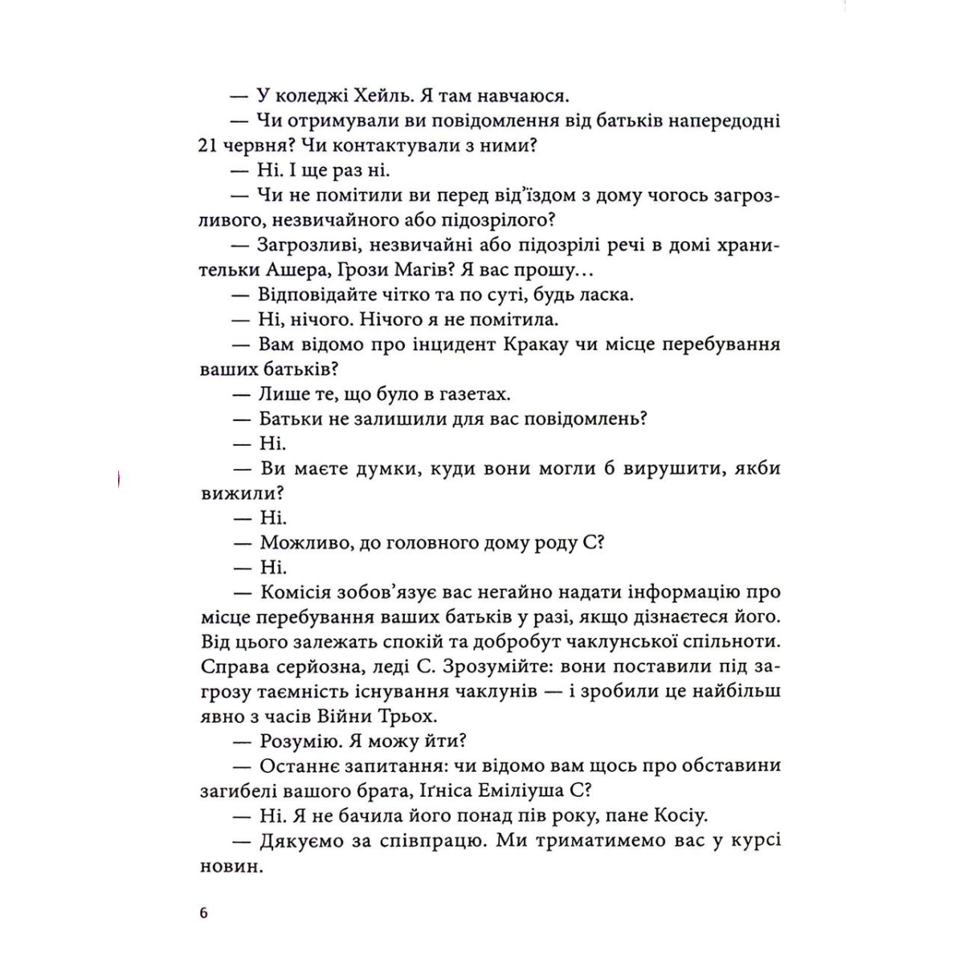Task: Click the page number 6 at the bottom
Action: click(203, 913)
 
